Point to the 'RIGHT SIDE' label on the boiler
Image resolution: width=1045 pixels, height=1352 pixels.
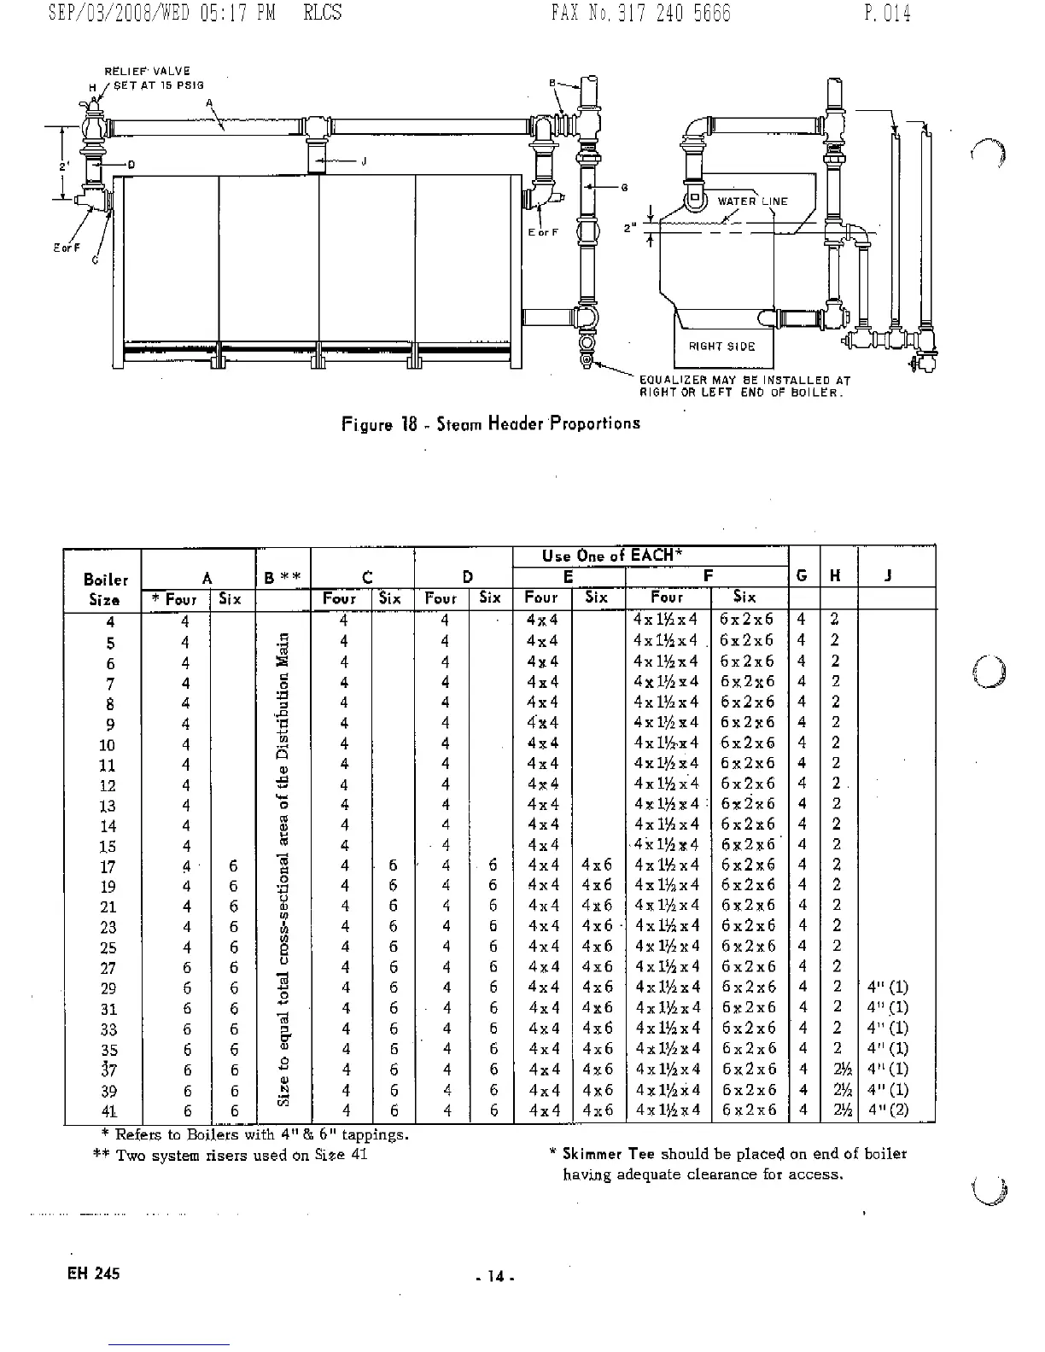click(x=722, y=347)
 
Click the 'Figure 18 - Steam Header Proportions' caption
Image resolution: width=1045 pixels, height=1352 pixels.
click(x=490, y=423)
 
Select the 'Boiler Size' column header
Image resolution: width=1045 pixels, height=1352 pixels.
click(x=106, y=589)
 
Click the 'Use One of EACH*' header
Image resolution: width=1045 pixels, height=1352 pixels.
click(x=611, y=557)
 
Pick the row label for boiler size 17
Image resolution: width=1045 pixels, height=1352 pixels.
click(x=108, y=866)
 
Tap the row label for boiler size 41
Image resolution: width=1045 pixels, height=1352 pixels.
click(x=108, y=1111)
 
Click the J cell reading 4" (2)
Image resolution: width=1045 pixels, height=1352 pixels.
click(x=888, y=1110)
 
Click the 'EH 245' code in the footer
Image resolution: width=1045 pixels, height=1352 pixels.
click(x=94, y=1273)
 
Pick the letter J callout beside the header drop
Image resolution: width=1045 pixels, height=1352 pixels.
click(x=363, y=164)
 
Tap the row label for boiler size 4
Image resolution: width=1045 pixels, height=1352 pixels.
click(x=109, y=622)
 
